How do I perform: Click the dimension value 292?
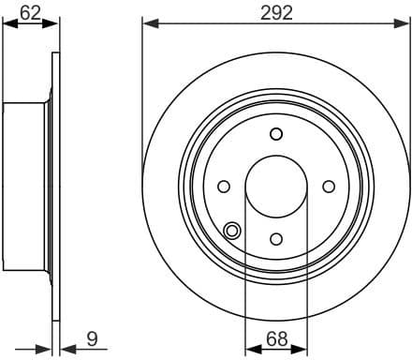pos(276,12)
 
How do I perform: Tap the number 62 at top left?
pos(29,12)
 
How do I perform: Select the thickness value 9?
pos(92,338)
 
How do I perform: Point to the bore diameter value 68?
pos(275,338)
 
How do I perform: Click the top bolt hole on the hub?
pos(275,134)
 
